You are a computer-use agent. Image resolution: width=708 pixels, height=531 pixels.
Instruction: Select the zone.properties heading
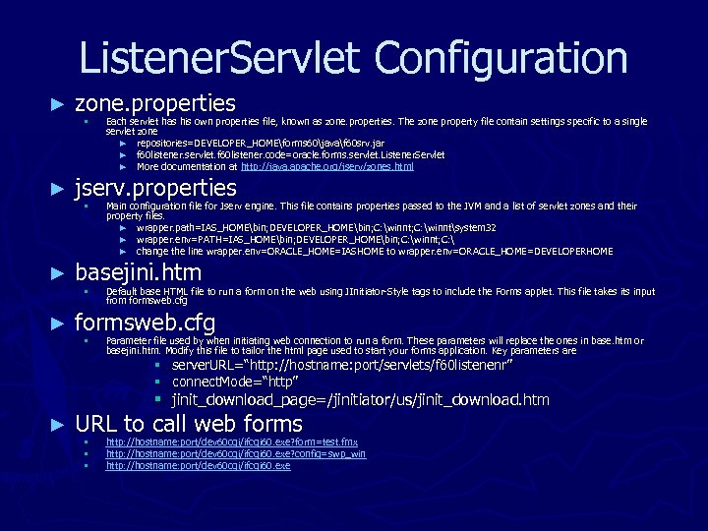(x=155, y=103)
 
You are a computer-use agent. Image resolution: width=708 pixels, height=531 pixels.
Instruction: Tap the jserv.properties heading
(x=155, y=188)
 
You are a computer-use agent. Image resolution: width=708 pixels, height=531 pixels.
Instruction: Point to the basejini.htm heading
(x=138, y=272)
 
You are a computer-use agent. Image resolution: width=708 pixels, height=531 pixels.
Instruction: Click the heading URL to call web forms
(x=189, y=424)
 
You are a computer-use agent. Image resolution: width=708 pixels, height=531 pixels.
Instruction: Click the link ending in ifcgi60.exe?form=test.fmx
(x=232, y=442)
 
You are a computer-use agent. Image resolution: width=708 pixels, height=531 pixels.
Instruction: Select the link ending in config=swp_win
(x=236, y=454)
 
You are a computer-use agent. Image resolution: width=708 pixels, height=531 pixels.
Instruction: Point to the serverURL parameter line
(x=343, y=367)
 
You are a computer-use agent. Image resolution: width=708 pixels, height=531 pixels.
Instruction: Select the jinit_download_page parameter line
(x=360, y=400)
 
